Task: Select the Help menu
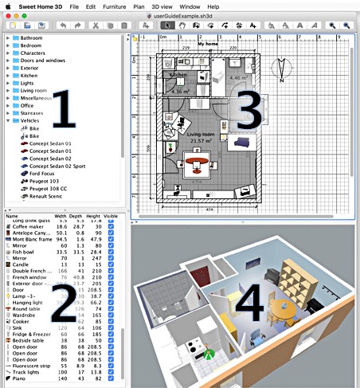pyautogui.click(x=213, y=6)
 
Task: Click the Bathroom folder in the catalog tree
pyautogui.click(x=31, y=38)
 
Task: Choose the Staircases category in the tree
pyautogui.click(x=33, y=114)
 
